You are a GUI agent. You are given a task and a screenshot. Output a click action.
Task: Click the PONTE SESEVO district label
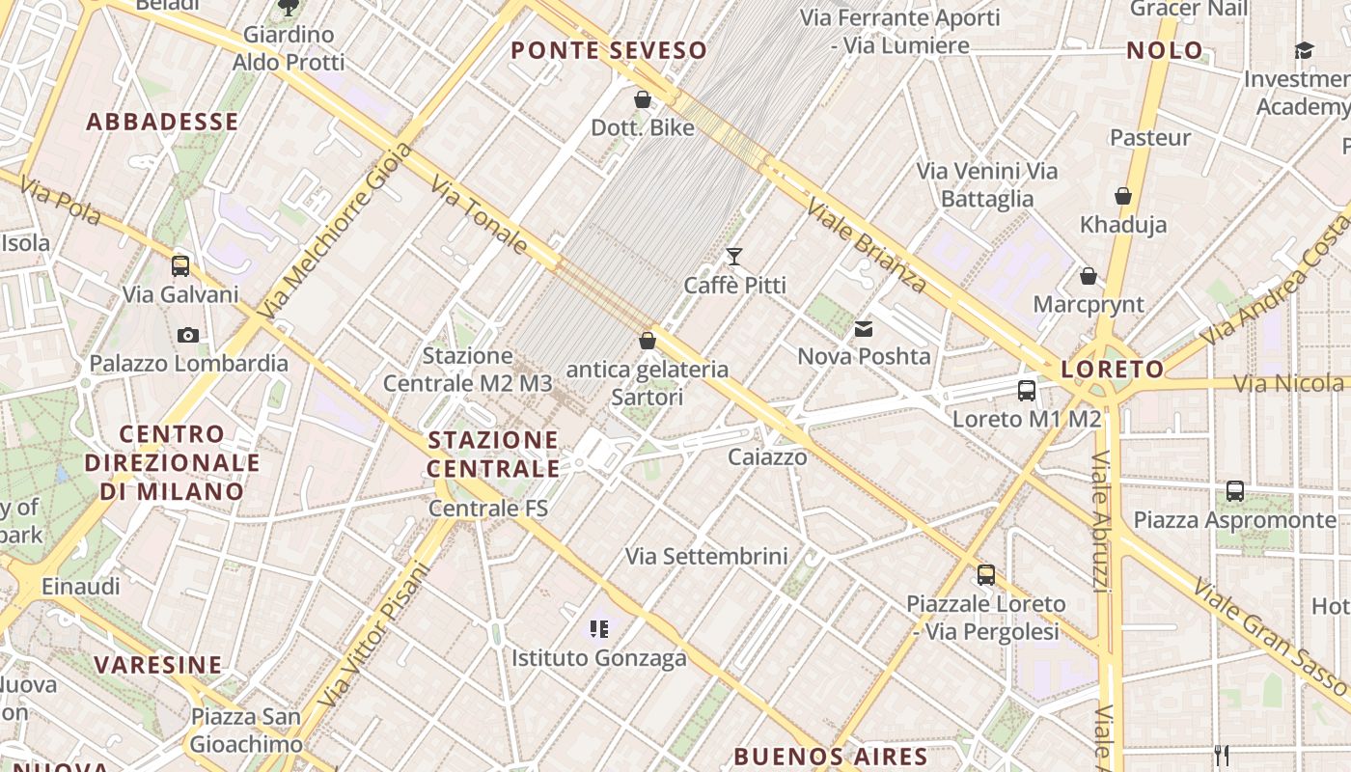tap(609, 50)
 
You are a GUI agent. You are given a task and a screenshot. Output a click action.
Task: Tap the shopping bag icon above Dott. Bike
tap(643, 99)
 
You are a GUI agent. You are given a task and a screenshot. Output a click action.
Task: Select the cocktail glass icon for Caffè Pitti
tap(734, 257)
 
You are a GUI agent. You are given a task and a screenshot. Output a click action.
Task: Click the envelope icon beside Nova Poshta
tap(864, 329)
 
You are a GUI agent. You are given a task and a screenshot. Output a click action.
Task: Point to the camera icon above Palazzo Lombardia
tap(188, 336)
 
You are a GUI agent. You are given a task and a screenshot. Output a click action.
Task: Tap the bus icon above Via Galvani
tap(180, 266)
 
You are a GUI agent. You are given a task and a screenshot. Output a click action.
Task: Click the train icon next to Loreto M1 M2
tap(1027, 391)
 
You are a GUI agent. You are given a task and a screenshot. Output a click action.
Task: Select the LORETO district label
tap(1113, 369)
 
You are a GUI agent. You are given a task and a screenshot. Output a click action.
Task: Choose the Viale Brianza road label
tap(867, 245)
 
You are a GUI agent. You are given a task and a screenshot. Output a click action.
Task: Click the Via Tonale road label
tap(480, 214)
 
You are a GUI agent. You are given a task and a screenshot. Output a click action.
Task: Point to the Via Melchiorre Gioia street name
tap(337, 231)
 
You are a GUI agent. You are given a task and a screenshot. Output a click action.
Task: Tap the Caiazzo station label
tap(767, 456)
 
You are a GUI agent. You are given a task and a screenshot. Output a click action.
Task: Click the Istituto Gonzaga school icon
tap(599, 629)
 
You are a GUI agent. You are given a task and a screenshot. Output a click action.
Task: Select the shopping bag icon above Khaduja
tap(1123, 197)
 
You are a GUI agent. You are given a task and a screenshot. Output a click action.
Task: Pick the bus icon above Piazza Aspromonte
tap(1235, 491)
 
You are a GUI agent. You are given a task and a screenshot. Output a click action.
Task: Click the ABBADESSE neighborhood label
tap(162, 122)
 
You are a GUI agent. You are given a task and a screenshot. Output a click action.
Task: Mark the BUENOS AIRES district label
tap(831, 756)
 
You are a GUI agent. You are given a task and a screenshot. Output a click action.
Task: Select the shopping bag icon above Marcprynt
tap(1089, 277)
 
